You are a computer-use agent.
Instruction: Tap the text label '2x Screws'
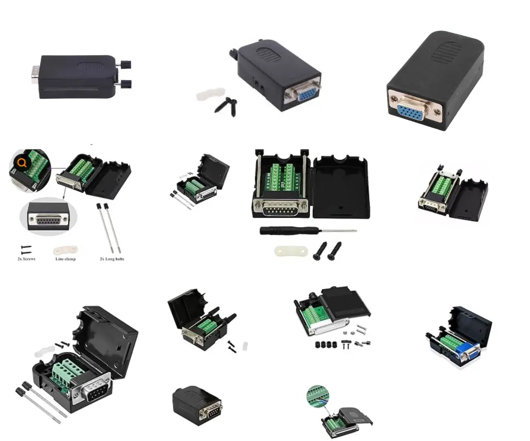tap(26, 258)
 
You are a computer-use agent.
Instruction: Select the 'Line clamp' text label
tap(66, 258)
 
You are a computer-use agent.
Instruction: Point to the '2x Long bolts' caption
tap(112, 258)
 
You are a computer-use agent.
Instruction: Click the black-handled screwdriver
tap(307, 230)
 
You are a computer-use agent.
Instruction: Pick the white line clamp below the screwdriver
tap(290, 252)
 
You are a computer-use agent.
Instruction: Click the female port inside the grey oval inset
tap(48, 219)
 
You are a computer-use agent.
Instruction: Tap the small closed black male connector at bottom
tap(197, 405)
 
